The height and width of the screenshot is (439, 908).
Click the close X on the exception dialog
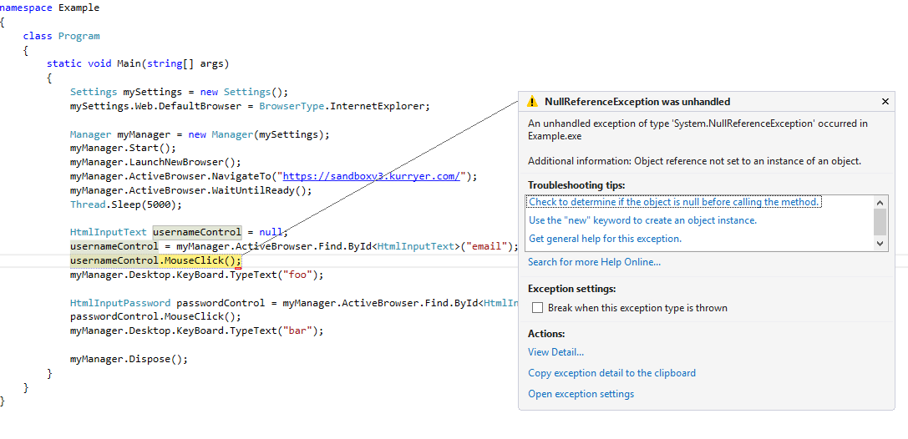(x=885, y=101)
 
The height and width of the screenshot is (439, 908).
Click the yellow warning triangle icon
(x=532, y=102)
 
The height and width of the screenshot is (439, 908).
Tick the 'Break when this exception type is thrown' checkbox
(x=537, y=308)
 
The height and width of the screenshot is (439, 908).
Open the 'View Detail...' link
(x=556, y=351)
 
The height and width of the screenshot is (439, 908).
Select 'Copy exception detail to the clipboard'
(x=612, y=373)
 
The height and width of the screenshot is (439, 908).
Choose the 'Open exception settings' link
(x=581, y=394)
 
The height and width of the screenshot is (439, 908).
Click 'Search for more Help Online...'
(x=594, y=262)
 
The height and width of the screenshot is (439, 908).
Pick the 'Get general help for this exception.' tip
(x=605, y=239)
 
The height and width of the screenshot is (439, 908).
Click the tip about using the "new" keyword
(x=642, y=220)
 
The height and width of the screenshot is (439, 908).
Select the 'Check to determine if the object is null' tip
(x=675, y=202)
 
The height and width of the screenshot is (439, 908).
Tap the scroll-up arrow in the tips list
(x=880, y=203)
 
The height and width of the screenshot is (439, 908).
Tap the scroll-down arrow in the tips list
(x=880, y=244)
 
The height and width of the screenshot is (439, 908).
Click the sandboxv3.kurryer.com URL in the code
(x=371, y=176)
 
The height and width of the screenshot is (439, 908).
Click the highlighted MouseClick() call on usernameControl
(x=200, y=261)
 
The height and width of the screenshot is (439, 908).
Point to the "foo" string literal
(x=297, y=275)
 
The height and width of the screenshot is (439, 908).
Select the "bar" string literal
(x=297, y=331)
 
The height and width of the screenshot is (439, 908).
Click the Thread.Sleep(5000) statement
(x=126, y=204)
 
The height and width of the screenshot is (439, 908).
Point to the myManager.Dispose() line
(x=129, y=359)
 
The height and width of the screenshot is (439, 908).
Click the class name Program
(x=79, y=36)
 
